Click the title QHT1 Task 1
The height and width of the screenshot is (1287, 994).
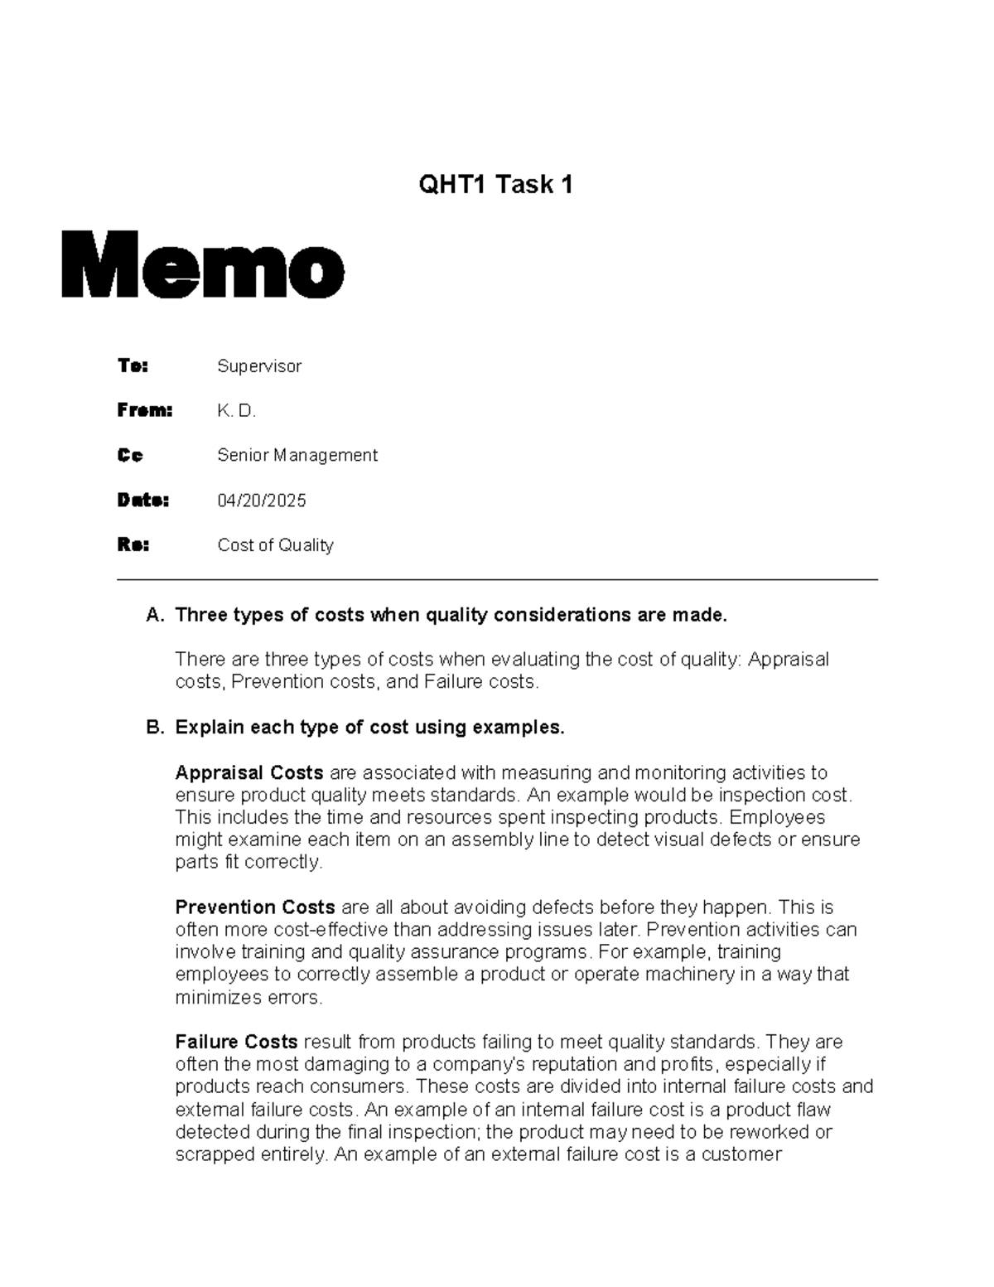point(495,184)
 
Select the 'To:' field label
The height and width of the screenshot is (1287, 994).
point(133,365)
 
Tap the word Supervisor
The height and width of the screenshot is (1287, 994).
point(259,366)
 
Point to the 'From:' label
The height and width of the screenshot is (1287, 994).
point(144,410)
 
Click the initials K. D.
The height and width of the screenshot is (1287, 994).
point(237,411)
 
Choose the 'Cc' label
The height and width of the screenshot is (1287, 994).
point(130,455)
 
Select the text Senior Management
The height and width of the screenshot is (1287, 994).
point(297,455)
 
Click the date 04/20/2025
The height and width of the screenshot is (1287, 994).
point(262,501)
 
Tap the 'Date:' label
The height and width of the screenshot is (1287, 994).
point(142,500)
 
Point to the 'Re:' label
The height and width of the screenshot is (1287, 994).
point(133,544)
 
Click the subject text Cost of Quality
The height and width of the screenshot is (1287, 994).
point(275,545)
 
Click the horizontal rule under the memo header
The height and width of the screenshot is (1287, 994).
point(497,580)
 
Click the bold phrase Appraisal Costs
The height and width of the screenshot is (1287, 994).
point(248,772)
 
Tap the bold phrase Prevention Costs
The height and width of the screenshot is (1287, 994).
point(254,907)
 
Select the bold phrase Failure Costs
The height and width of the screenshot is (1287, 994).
point(236,1042)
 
